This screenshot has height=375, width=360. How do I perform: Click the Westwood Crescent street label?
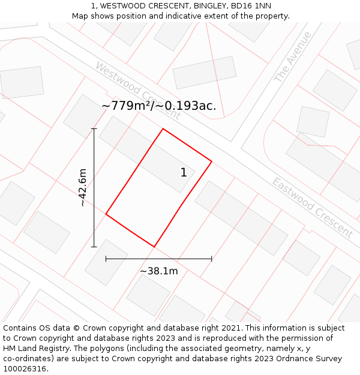click(137, 90)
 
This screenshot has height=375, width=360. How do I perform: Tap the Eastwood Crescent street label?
click(312, 207)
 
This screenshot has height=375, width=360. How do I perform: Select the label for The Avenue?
click(293, 57)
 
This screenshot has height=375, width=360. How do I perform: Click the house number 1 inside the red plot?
click(184, 173)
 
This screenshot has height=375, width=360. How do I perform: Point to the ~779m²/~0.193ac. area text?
click(159, 106)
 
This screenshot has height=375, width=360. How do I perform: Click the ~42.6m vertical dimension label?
click(83, 188)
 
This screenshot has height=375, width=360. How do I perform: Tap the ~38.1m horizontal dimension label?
click(159, 271)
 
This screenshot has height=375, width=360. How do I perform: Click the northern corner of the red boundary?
click(163, 129)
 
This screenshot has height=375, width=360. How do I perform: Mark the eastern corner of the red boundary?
click(211, 161)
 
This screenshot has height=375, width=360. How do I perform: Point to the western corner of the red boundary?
click(106, 214)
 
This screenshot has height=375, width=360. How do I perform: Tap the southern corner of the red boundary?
click(154, 247)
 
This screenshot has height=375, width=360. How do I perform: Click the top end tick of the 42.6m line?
click(94, 129)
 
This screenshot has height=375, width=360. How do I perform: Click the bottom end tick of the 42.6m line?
click(94, 247)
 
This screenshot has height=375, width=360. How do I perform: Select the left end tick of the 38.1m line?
click(106, 259)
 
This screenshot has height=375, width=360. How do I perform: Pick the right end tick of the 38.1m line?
click(211, 259)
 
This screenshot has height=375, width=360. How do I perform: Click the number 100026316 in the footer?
click(25, 368)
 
